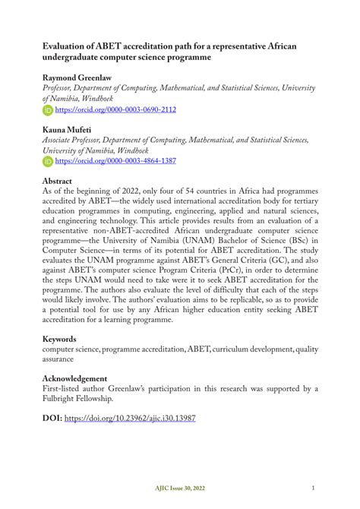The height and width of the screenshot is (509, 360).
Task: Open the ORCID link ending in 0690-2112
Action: click(115, 109)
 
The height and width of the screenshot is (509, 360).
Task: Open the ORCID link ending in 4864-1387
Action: click(115, 161)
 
